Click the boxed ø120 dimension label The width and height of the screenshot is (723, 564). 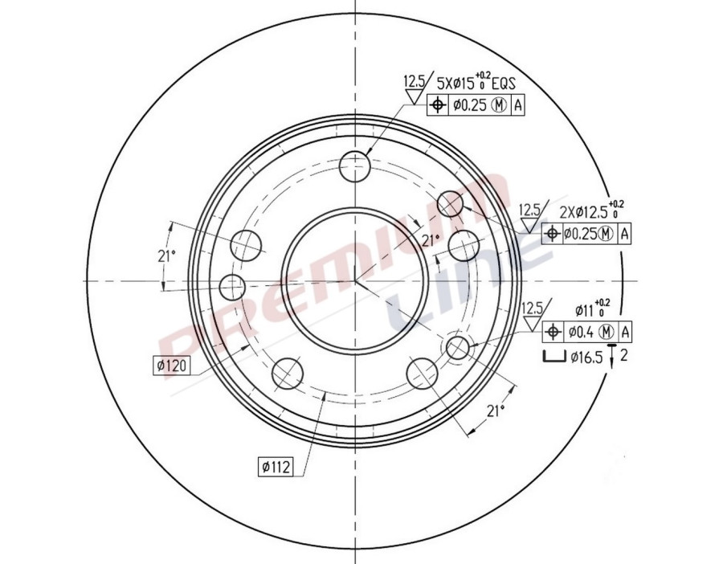(x=170, y=366)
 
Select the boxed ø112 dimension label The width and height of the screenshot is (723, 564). (x=274, y=465)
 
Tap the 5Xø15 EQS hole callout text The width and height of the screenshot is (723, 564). (x=476, y=82)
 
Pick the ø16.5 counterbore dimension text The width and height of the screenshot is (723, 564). (x=586, y=358)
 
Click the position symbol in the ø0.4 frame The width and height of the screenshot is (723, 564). (x=553, y=332)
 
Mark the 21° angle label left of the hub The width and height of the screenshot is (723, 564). (x=166, y=256)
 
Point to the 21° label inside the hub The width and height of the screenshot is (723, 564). (x=431, y=239)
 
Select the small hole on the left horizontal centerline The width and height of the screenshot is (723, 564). (x=232, y=284)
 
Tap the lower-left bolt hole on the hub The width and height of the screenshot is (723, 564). (x=287, y=372)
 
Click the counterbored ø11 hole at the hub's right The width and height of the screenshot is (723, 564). (x=457, y=347)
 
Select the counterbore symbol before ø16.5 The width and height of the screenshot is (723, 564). (x=553, y=358)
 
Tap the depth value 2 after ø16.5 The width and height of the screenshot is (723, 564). (x=624, y=357)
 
